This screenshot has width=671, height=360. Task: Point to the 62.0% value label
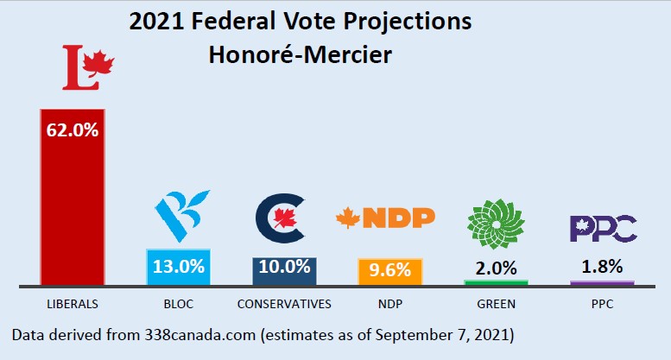[72, 130]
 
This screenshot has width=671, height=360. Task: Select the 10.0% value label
[284, 267]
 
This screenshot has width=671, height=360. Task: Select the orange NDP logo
[385, 218]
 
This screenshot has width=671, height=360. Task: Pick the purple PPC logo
[603, 228]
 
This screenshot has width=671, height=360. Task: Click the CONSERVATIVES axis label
[284, 304]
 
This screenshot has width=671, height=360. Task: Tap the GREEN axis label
[496, 304]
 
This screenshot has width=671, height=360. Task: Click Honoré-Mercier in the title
[300, 55]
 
